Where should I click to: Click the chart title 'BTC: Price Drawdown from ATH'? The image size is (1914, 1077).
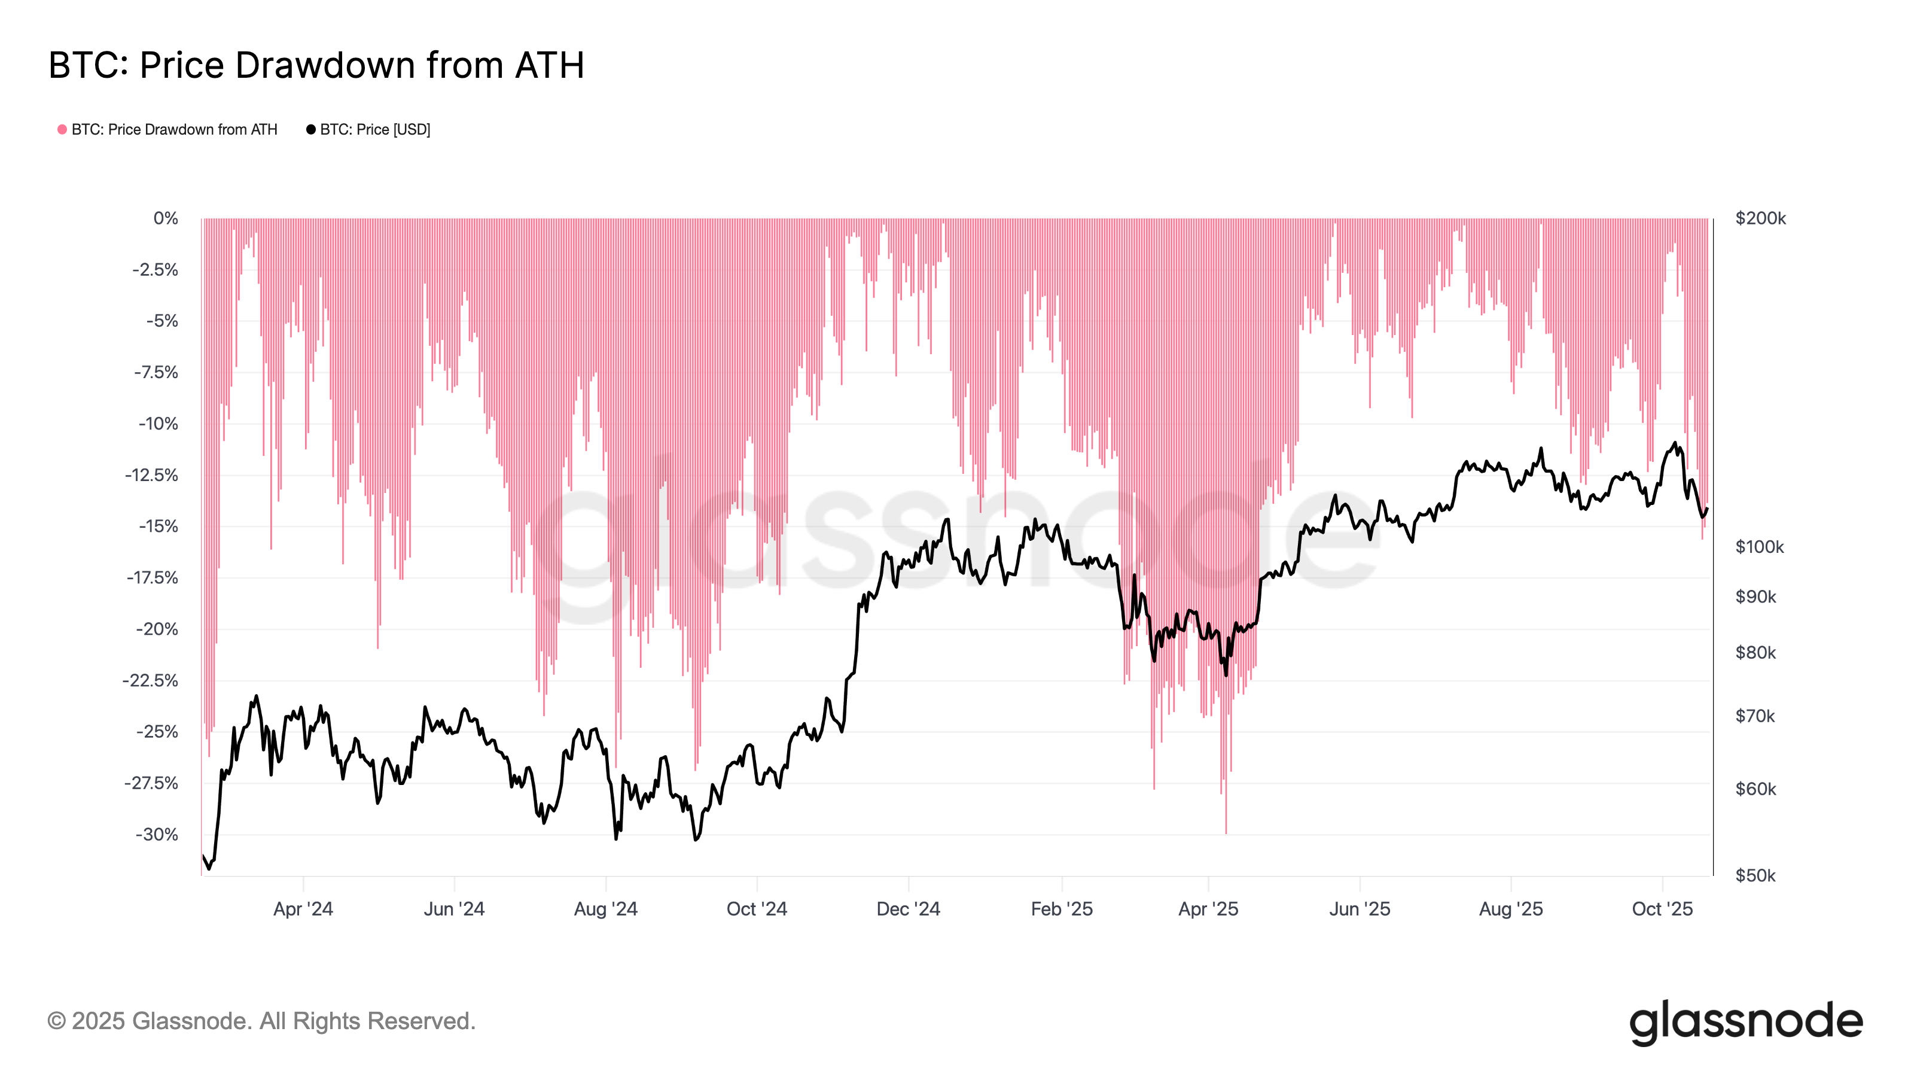pyautogui.click(x=316, y=65)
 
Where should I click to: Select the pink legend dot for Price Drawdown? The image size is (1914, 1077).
pyautogui.click(x=62, y=129)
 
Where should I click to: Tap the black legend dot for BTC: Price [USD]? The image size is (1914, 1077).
pyautogui.click(x=310, y=129)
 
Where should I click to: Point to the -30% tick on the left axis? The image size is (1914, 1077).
pyautogui.click(x=157, y=834)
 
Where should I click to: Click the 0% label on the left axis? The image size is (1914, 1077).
pyautogui.click(x=166, y=218)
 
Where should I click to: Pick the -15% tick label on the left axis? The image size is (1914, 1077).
pyautogui.click(x=159, y=527)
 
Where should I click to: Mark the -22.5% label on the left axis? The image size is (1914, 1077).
pyautogui.click(x=151, y=680)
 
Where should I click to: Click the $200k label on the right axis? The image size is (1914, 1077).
pyautogui.click(x=1760, y=218)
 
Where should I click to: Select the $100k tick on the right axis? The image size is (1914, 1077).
pyautogui.click(x=1758, y=547)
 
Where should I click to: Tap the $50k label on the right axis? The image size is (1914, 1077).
pyautogui.click(x=1755, y=875)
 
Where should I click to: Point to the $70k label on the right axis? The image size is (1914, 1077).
pyautogui.click(x=1755, y=716)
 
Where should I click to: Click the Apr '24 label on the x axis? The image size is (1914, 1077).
pyautogui.click(x=303, y=909)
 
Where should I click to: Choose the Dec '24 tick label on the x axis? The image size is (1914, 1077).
pyautogui.click(x=908, y=909)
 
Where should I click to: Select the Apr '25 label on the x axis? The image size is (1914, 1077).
pyautogui.click(x=1208, y=909)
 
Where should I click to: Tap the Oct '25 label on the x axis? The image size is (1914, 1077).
pyautogui.click(x=1662, y=909)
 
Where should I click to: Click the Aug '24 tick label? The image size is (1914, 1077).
pyautogui.click(x=605, y=909)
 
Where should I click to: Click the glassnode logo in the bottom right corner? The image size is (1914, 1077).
pyautogui.click(x=1745, y=1022)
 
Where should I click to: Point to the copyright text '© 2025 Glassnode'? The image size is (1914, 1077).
pyautogui.click(x=261, y=1021)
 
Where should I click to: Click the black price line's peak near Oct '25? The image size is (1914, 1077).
pyautogui.click(x=1675, y=444)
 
